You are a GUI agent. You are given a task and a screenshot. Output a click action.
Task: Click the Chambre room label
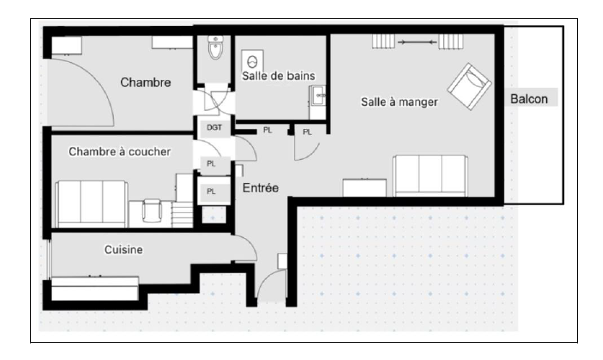146,82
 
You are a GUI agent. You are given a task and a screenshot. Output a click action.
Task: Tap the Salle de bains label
278,76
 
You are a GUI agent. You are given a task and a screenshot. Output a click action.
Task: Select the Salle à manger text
399,102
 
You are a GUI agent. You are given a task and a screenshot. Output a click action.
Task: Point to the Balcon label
529,99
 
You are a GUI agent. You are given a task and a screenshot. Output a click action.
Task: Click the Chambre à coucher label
120,151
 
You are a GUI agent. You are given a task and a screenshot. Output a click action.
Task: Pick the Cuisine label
123,250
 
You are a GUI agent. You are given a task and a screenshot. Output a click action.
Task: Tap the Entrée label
260,188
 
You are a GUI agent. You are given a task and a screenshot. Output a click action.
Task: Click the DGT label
214,127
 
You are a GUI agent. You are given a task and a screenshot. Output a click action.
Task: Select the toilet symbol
215,48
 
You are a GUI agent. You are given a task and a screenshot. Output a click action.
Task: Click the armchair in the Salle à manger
469,87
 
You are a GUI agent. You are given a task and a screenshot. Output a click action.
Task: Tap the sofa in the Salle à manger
430,176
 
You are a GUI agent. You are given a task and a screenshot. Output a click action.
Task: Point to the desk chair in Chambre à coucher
152,211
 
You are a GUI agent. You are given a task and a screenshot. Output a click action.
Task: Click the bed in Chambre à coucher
92,204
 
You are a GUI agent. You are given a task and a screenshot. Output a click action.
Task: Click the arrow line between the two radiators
417,42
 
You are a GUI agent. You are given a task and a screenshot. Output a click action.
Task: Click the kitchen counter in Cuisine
94,289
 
